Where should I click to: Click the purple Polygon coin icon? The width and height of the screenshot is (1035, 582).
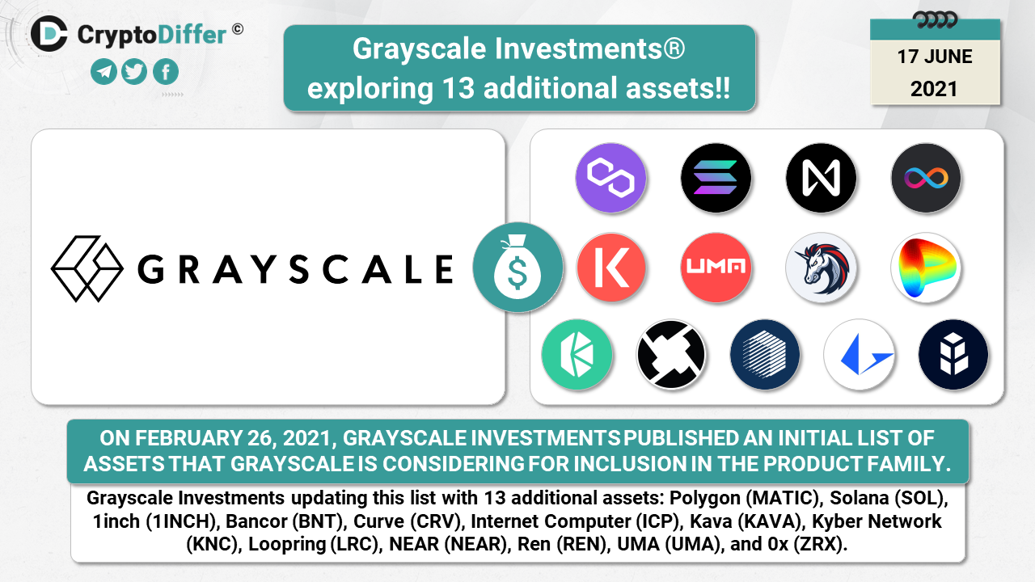tap(610, 178)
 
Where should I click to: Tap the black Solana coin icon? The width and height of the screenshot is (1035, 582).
tap(716, 178)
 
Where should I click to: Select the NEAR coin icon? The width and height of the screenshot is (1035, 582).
tap(821, 178)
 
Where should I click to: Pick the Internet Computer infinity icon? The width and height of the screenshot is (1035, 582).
tap(926, 178)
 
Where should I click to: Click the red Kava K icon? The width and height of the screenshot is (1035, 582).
tap(610, 268)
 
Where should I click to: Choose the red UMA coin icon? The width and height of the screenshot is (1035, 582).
tap(716, 268)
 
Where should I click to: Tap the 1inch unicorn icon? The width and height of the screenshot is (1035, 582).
tap(821, 268)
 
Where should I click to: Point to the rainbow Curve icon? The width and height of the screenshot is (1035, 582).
tap(926, 268)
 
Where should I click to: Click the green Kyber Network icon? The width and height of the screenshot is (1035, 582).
tap(577, 354)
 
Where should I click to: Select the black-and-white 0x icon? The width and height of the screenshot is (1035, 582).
tap(671, 354)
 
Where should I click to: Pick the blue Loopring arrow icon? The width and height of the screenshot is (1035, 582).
tap(860, 354)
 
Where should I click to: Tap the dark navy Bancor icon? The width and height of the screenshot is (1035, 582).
tap(953, 354)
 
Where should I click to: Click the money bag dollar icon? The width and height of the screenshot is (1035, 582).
tap(518, 267)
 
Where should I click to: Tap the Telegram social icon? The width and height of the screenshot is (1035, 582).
tap(103, 72)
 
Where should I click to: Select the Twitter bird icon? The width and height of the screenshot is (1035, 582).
tap(134, 72)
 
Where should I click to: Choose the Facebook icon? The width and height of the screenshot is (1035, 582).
tap(166, 72)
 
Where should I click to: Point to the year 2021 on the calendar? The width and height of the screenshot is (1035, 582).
tap(934, 89)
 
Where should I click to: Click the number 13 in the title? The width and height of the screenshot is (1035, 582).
tap(458, 88)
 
